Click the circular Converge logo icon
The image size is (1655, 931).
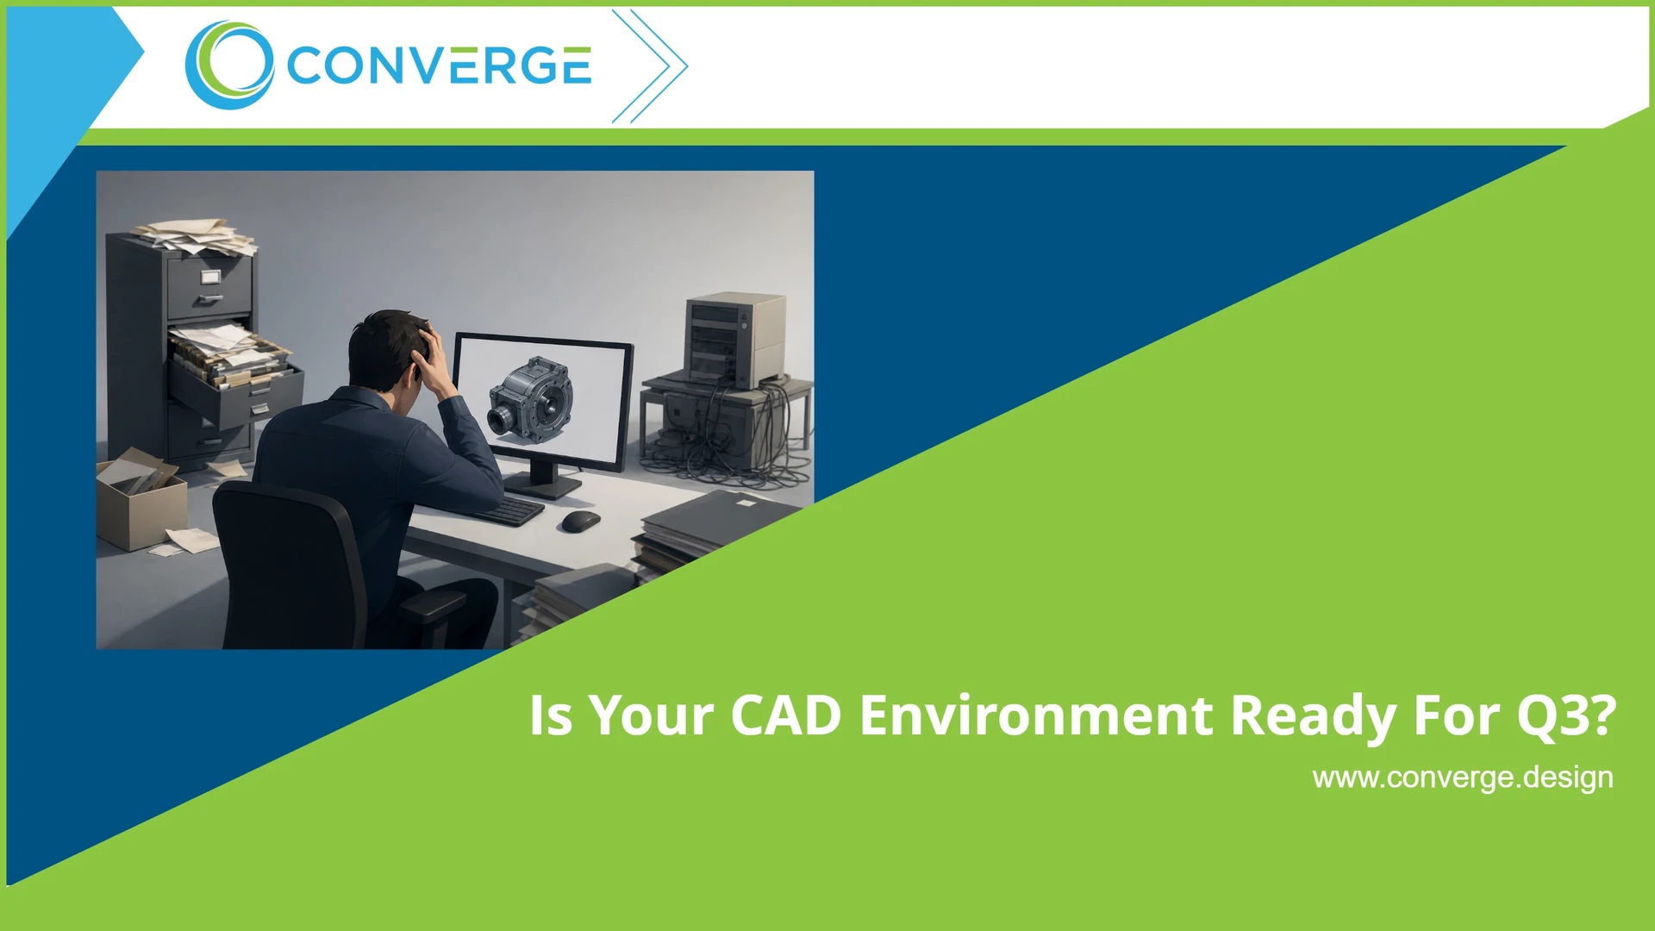229,66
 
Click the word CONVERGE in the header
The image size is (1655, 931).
439,66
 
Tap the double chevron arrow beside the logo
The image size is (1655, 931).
651,66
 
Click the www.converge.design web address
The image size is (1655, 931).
1462,778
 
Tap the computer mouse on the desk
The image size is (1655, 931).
580,521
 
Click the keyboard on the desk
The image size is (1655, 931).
510,510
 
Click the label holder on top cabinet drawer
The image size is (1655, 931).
210,277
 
